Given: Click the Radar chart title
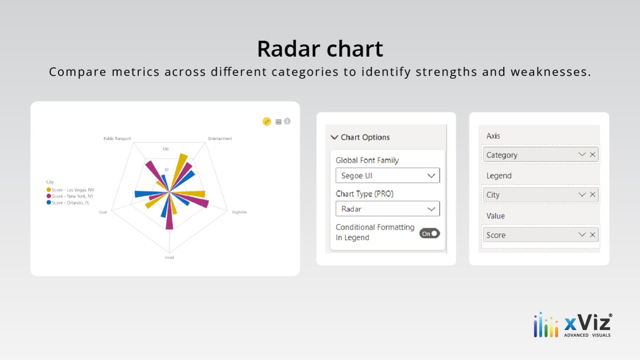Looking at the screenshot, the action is click(320, 49).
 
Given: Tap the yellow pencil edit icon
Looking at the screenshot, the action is click(267, 121).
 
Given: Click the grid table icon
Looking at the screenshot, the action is click(278, 122).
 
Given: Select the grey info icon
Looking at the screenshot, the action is click(287, 121).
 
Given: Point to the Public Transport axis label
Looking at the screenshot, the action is click(117, 138).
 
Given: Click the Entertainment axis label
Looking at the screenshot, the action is click(220, 138).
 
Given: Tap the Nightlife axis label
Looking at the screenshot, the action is click(239, 212).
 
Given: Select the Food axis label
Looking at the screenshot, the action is click(170, 257).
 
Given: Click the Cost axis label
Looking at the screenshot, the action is click(103, 212).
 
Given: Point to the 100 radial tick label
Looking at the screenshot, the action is click(166, 149).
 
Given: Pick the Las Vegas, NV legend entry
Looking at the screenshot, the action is click(70, 190).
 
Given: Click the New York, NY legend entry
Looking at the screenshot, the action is click(70, 196).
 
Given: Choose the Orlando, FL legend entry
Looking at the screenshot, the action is click(68, 202).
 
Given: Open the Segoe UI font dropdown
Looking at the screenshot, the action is click(387, 175).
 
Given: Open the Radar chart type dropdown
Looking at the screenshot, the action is click(387, 209).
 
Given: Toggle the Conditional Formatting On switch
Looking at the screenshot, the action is click(430, 233).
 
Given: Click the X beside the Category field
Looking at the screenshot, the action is click(593, 155).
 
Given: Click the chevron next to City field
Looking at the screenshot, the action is click(582, 195).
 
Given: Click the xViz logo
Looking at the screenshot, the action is click(573, 325).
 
